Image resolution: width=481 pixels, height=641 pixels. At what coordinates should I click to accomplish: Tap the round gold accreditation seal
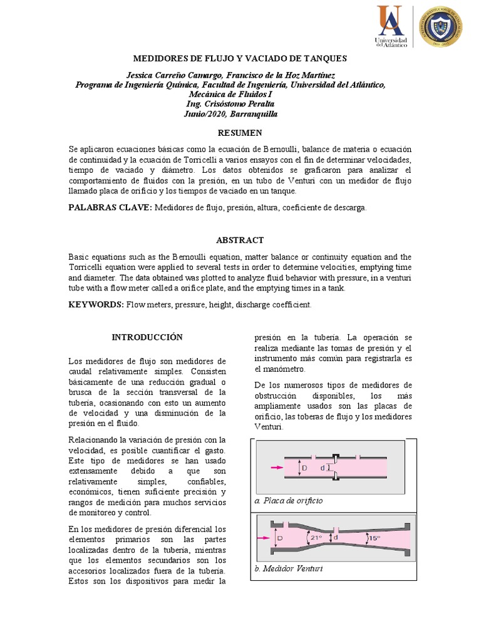pyautogui.click(x=440, y=26)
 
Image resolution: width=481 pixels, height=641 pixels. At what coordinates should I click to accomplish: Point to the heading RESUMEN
pyautogui.click(x=240, y=133)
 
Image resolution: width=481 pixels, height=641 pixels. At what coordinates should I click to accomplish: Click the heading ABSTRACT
pyautogui.click(x=240, y=240)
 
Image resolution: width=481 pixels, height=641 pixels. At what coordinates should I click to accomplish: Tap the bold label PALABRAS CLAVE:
pyautogui.click(x=110, y=207)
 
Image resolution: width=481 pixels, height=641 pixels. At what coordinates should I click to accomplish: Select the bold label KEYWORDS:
pyautogui.click(x=96, y=304)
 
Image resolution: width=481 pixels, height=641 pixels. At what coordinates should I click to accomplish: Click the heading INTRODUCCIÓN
pyautogui.click(x=147, y=337)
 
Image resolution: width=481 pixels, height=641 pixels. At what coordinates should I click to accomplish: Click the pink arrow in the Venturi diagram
pyautogui.click(x=263, y=537)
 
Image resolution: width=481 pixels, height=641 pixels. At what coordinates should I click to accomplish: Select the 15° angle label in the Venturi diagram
pyautogui.click(x=373, y=537)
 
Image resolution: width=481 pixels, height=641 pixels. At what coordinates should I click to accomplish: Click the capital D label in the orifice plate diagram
pyautogui.click(x=305, y=468)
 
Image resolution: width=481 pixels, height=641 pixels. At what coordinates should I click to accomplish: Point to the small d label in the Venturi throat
pyautogui.click(x=336, y=536)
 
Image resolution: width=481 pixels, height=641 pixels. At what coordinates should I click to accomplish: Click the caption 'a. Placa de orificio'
pyautogui.click(x=289, y=501)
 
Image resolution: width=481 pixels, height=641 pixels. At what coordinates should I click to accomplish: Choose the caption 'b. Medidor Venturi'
pyautogui.click(x=289, y=569)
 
